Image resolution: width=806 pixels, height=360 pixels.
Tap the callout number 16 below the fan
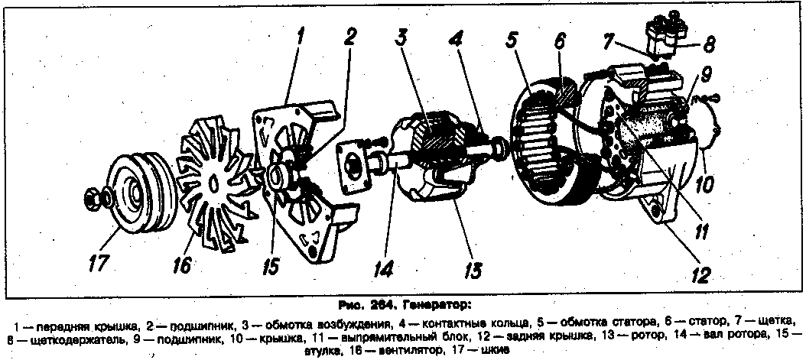(181, 264)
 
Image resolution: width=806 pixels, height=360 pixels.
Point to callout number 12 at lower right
(707, 274)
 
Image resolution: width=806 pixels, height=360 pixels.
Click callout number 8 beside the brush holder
(710, 44)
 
